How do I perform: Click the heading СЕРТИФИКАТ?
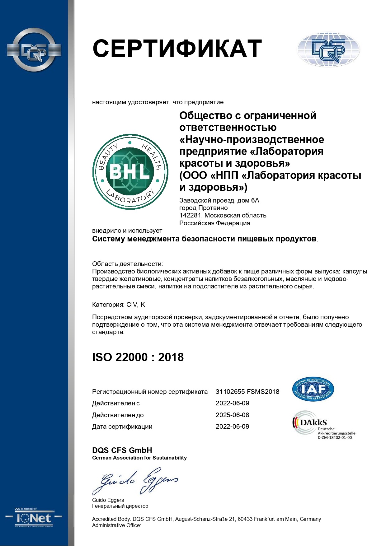click(x=177, y=49)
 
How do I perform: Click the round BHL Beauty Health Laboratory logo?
click(x=130, y=172)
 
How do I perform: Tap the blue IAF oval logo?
click(x=313, y=389)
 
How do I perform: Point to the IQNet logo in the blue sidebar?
click(x=34, y=518)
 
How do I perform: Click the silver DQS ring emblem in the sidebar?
click(x=34, y=50)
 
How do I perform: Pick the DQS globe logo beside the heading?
click(x=328, y=49)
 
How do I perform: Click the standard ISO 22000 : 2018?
click(x=138, y=357)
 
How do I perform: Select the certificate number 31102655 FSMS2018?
click(x=247, y=392)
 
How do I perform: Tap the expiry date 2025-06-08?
click(x=232, y=415)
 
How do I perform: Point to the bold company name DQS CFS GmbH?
click(x=122, y=450)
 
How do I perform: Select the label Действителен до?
click(x=118, y=415)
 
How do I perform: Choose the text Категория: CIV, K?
click(x=118, y=305)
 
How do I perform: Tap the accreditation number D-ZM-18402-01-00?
click(x=335, y=437)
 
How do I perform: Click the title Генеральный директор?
click(x=120, y=506)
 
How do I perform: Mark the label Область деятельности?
click(x=127, y=264)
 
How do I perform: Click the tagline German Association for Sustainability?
click(x=139, y=458)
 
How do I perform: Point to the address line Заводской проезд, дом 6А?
click(x=219, y=200)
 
